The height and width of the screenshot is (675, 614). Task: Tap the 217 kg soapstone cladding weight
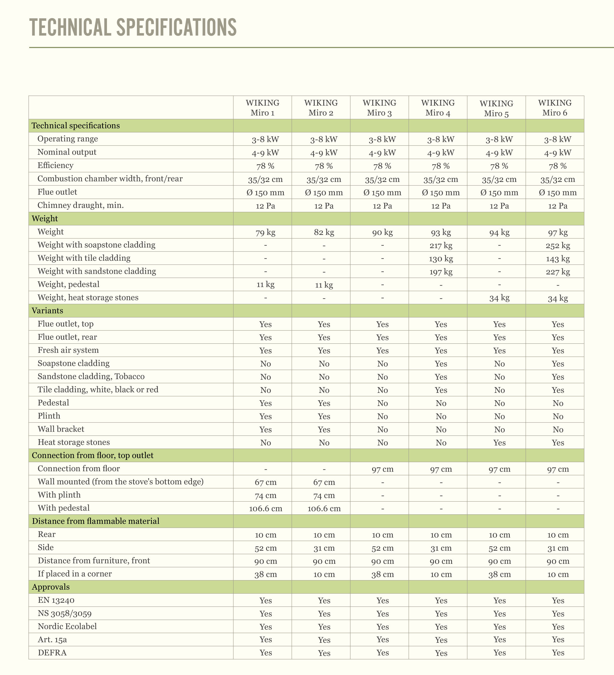click(441, 246)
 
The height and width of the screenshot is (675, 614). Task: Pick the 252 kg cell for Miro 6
click(558, 246)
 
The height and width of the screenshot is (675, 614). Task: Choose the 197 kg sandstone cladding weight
click(441, 272)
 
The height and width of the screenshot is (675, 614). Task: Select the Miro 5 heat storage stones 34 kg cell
click(499, 298)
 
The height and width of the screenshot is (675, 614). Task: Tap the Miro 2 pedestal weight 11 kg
click(324, 285)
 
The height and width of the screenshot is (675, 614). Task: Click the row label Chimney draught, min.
click(80, 205)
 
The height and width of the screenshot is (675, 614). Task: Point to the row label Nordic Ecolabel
click(67, 626)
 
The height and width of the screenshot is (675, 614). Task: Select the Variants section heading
click(47, 311)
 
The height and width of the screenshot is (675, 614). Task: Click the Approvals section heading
click(51, 587)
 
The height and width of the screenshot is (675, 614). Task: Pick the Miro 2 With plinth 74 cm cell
click(324, 496)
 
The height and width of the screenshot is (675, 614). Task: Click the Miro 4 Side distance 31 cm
click(441, 548)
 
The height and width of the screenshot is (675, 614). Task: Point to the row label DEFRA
click(52, 652)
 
